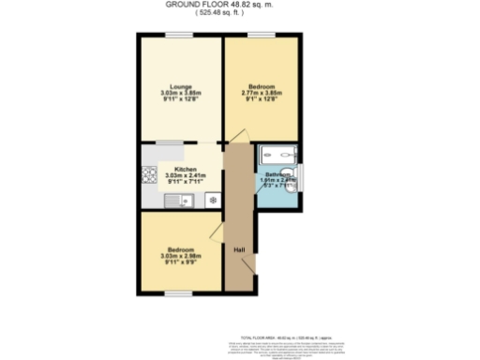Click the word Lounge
pos(181,87)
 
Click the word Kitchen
pos(185,169)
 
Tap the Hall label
pos(239,249)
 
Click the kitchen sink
pos(174,200)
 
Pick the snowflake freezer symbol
pos(213,200)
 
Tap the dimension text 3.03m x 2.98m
pos(181,255)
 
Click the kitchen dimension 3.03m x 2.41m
pos(185,175)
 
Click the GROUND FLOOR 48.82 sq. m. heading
pos(240,5)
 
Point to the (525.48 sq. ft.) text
pos(240,13)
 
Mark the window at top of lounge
pos(181,36)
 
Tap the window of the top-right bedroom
pos(262,36)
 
